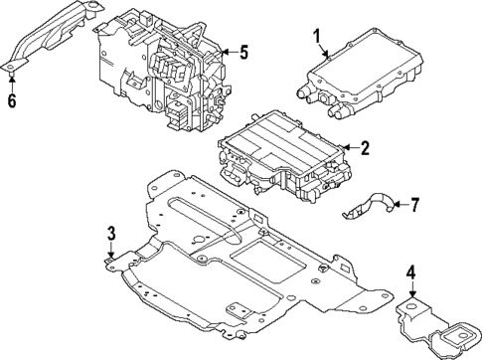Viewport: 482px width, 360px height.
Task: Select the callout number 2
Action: [365, 149]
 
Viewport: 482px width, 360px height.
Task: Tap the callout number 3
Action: [111, 234]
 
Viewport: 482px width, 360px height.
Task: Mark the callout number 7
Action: [414, 206]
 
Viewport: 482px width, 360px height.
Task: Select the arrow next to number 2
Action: [351, 149]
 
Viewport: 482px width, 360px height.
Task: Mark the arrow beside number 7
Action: [401, 206]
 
